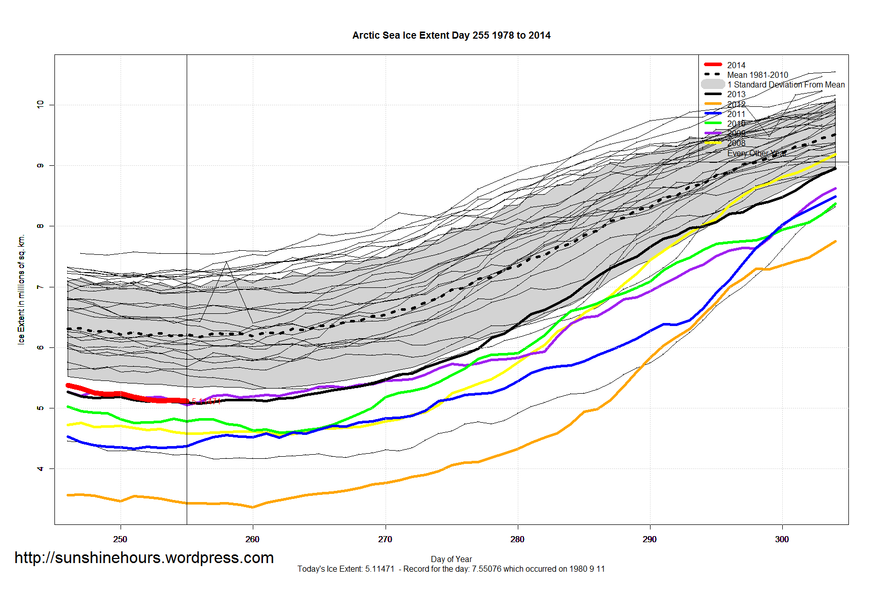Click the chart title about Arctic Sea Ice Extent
pos(451,35)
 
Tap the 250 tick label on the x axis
pos(120,539)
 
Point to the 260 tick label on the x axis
pos(252,539)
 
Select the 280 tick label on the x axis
pos(517,539)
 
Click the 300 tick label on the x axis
pos(782,539)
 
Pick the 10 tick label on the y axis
pos(40,104)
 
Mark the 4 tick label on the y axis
pos(40,468)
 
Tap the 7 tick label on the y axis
pos(40,287)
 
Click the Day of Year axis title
pos(451,559)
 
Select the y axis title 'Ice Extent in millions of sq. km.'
pos(21,289)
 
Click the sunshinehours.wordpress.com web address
pos(144,558)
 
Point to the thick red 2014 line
pos(127,394)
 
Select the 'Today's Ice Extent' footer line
pos(451,569)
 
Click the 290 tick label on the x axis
pos(650,539)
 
